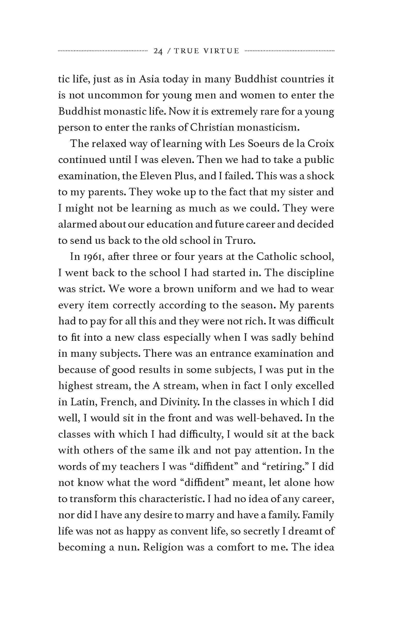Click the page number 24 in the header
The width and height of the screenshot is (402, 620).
point(158,51)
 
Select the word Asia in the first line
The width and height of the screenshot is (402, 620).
point(149,79)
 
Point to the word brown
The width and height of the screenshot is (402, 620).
point(179,289)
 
